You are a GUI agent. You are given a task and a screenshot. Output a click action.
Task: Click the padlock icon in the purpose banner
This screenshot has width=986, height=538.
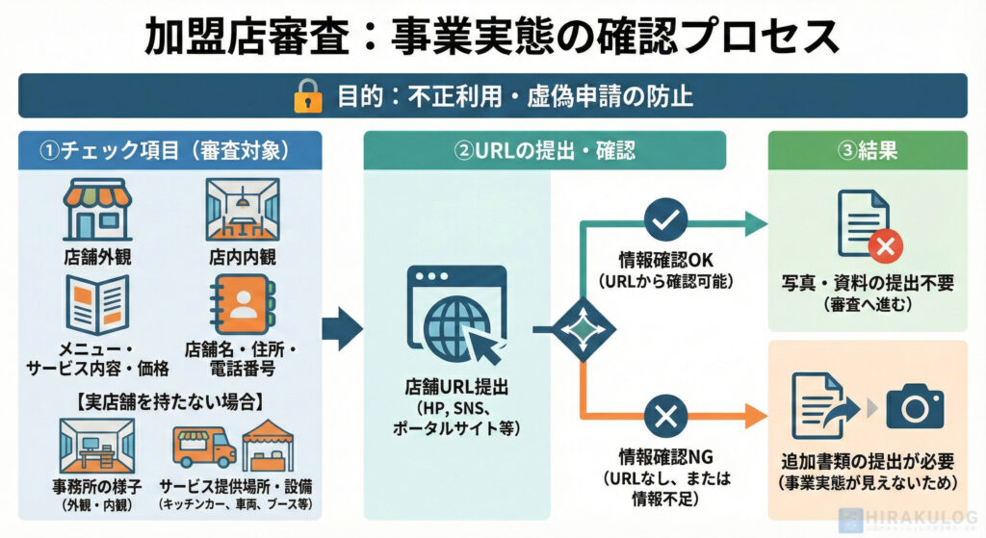pyautogui.click(x=307, y=96)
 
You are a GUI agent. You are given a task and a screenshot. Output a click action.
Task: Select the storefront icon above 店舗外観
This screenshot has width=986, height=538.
pyautogui.click(x=97, y=209)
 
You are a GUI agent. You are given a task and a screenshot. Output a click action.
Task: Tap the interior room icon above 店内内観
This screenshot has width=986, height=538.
pyautogui.click(x=243, y=209)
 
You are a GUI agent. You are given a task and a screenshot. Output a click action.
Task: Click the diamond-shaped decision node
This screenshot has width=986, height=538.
pyautogui.click(x=584, y=329)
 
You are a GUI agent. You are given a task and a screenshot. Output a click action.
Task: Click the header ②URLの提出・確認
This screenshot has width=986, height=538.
pyautogui.click(x=544, y=150)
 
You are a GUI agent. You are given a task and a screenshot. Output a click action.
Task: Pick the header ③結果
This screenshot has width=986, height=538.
pyautogui.click(x=868, y=150)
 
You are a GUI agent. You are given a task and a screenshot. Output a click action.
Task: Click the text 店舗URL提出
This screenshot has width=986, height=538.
pyautogui.click(x=456, y=389)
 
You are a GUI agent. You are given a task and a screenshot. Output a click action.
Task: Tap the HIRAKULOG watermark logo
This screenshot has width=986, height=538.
pyautogui.click(x=910, y=519)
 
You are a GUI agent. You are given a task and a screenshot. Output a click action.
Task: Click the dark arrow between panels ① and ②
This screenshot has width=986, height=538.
pyautogui.click(x=340, y=329)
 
